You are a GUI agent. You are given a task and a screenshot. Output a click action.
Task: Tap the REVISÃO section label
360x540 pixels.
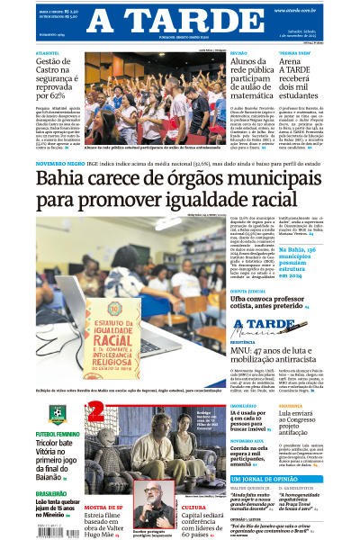(238, 54)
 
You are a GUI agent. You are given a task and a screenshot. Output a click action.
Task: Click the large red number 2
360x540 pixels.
(95, 415)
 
